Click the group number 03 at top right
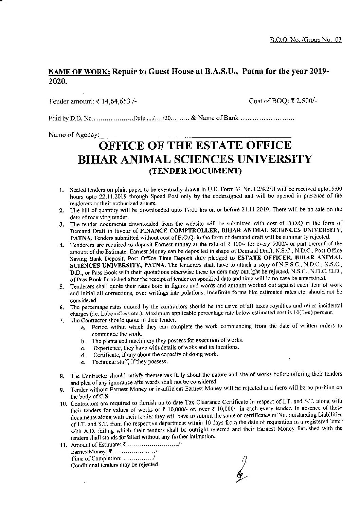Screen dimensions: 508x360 click(x=338, y=39)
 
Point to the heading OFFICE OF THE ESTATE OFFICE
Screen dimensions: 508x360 click(x=194, y=145)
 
